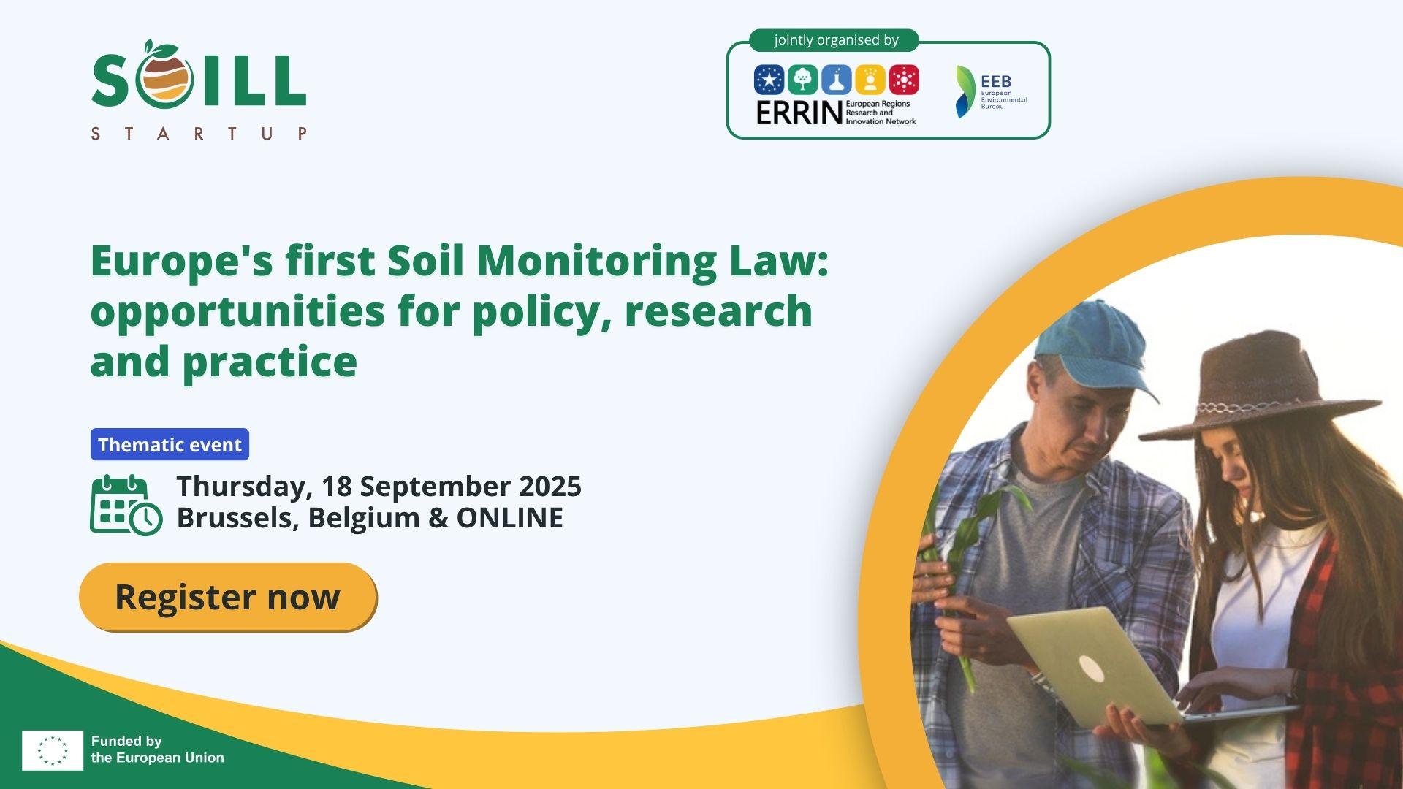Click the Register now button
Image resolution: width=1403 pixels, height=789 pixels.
(x=228, y=597)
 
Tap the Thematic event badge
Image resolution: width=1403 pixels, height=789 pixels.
(x=170, y=444)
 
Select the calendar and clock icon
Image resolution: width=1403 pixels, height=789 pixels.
(x=126, y=505)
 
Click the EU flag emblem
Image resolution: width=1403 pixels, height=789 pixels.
(x=53, y=750)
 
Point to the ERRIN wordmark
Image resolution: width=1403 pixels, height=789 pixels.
(x=799, y=113)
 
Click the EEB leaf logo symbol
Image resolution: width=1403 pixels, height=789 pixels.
(x=965, y=92)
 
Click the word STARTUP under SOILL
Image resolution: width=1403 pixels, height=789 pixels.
(x=199, y=134)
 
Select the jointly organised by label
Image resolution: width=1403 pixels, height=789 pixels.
(x=836, y=40)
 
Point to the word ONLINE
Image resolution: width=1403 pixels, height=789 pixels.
(x=510, y=517)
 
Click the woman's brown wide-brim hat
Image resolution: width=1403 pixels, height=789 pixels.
(x=1261, y=391)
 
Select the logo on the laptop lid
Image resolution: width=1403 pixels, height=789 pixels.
(x=1091, y=668)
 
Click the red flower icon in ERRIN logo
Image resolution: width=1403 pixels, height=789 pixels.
(x=904, y=80)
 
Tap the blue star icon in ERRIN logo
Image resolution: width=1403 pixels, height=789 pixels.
(x=769, y=80)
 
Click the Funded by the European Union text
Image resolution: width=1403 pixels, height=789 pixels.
(x=158, y=750)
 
